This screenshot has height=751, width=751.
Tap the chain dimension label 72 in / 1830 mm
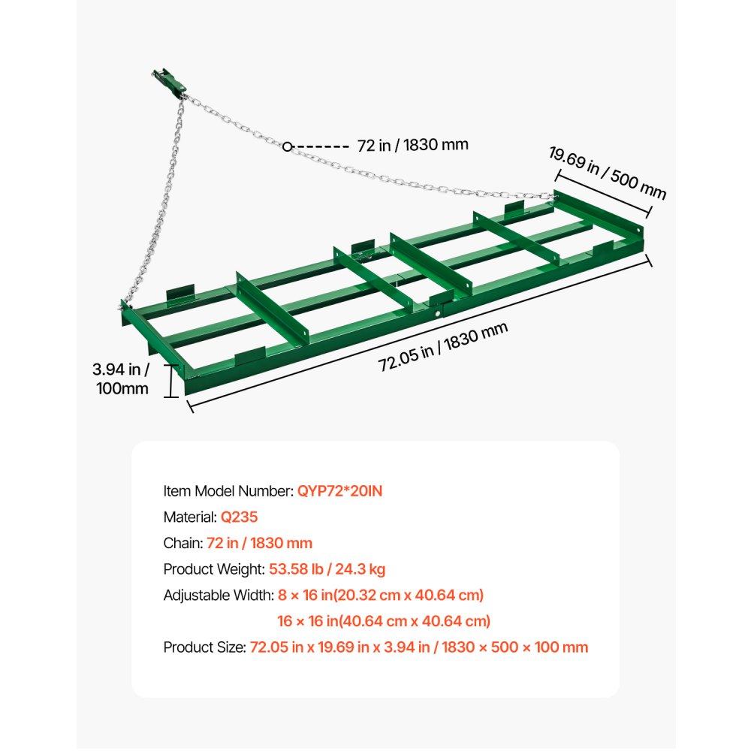(413, 144)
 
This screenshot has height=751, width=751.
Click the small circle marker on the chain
(288, 146)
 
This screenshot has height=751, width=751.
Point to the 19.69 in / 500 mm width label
(607, 173)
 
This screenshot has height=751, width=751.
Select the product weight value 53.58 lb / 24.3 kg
(327, 569)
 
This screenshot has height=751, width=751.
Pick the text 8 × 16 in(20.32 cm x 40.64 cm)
(380, 595)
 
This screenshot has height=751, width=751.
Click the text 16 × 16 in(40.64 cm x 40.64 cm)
(383, 621)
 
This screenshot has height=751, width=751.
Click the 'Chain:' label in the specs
(183, 543)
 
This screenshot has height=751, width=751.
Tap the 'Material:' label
(190, 517)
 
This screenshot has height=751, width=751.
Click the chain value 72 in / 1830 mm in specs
(260, 543)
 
